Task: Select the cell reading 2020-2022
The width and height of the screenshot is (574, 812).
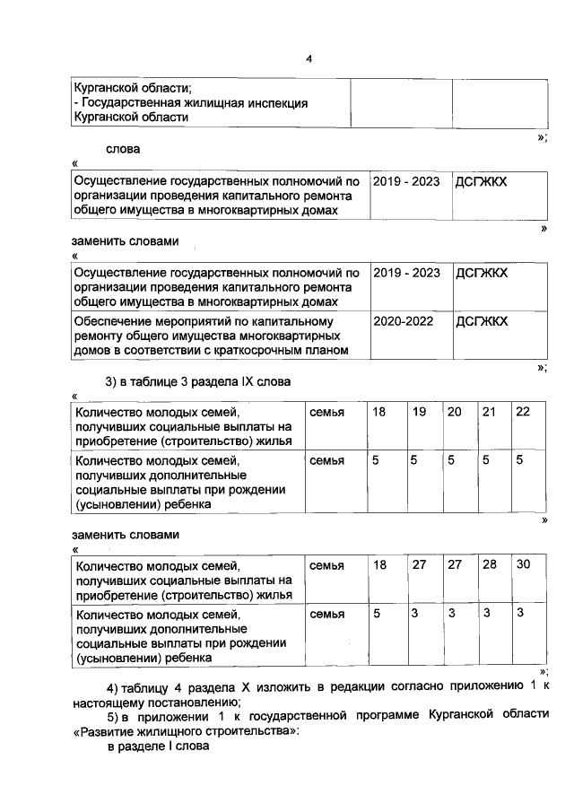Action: pyautogui.click(x=401, y=320)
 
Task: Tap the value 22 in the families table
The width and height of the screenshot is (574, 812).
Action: pyautogui.click(x=523, y=411)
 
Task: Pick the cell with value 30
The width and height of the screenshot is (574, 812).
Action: pyautogui.click(x=523, y=564)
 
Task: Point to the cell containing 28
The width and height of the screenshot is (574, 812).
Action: pyautogui.click(x=489, y=564)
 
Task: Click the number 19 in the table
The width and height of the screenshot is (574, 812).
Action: pyautogui.click(x=419, y=411)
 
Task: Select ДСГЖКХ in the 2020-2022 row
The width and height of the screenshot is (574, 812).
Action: pyautogui.click(x=482, y=320)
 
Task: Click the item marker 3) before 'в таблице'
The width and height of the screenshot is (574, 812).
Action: pyautogui.click(x=112, y=382)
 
